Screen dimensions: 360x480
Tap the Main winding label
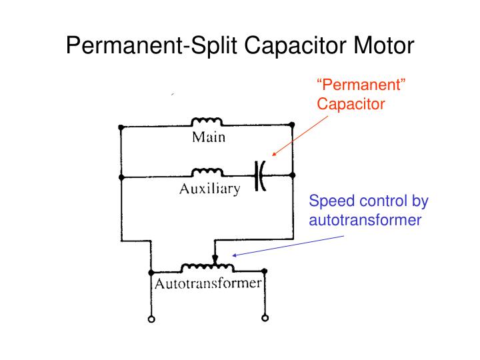pos(208,139)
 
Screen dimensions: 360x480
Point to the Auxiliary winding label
pos(209,189)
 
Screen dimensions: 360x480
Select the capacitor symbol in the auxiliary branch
pos(260,177)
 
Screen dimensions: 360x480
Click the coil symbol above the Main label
pos(207,122)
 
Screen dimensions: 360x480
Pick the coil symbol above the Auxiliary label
pos(207,172)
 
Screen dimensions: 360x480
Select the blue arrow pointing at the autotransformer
pos(287,245)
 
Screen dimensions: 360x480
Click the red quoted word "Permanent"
pos(353,87)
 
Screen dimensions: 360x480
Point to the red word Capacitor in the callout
pos(351,104)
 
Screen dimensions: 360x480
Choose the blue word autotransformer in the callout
pos(365,219)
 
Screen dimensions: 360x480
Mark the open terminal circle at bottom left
pos(151,319)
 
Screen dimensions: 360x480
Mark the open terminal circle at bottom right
pos(265,319)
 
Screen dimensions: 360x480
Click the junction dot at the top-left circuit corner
pos(121,126)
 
